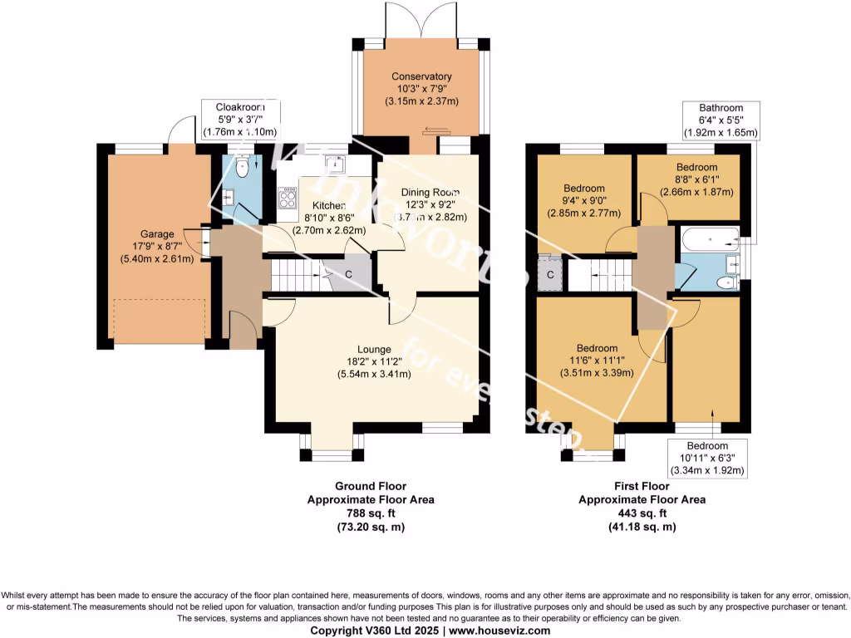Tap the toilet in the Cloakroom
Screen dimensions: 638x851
(242, 169)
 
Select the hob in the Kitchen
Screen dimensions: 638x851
(288, 199)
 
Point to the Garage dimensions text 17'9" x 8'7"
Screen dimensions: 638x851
(157, 246)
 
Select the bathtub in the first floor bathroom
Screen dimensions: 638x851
(708, 239)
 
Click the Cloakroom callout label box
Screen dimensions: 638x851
(240, 120)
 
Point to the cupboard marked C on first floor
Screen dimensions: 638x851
(550, 274)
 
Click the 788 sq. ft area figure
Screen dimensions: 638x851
(371, 513)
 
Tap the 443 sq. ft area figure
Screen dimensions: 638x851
(642, 513)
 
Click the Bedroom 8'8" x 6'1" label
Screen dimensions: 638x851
(696, 167)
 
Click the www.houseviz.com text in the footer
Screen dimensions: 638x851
(494, 631)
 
